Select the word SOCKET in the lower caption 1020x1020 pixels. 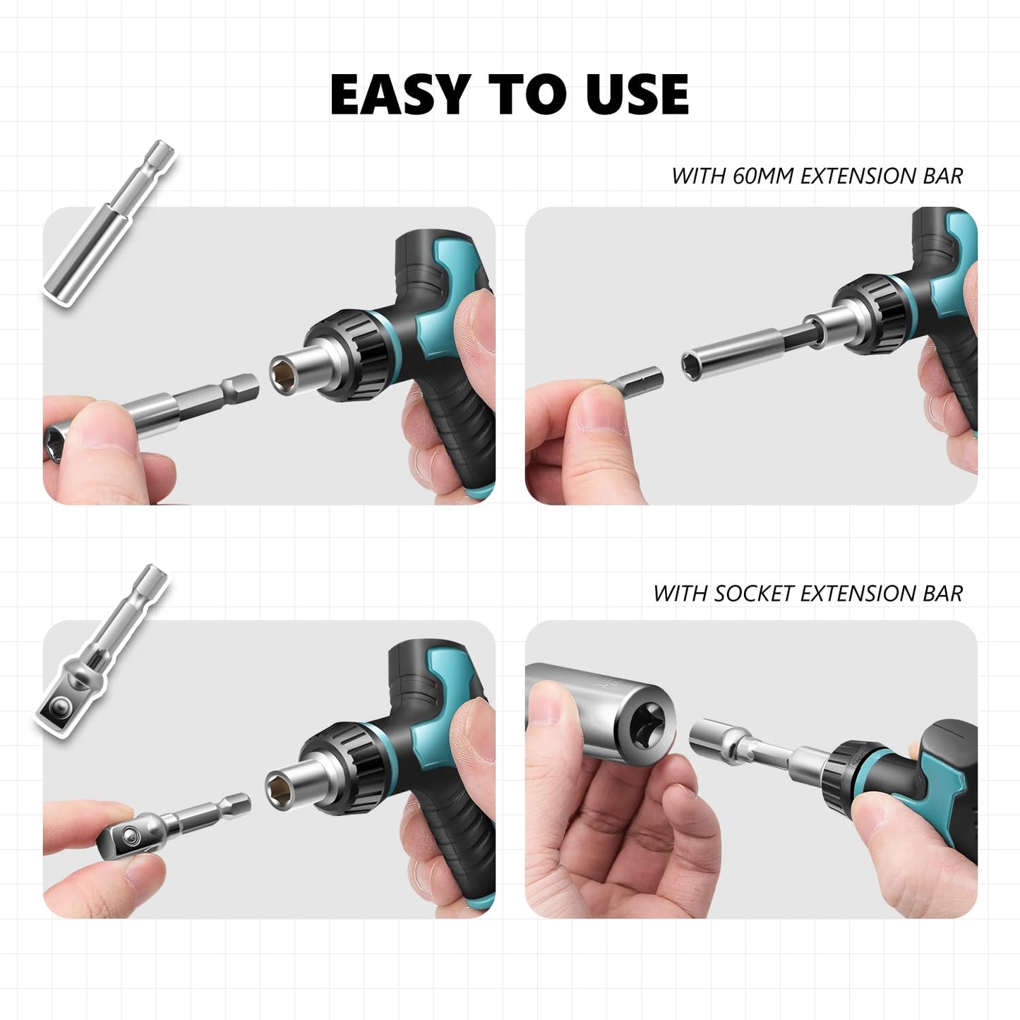pyautogui.click(x=754, y=594)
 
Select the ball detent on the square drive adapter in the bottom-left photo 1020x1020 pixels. pyautogui.click(x=130, y=836)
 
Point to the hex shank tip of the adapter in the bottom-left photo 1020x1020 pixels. pyautogui.click(x=236, y=804)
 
